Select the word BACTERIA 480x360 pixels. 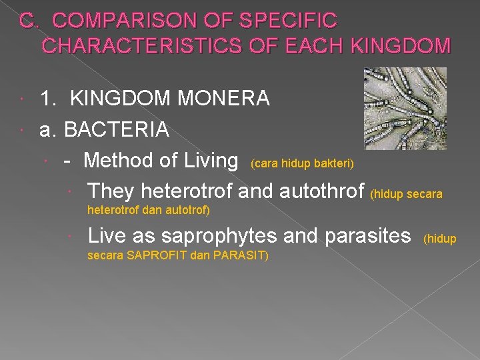(x=116, y=129)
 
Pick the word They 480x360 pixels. (x=111, y=191)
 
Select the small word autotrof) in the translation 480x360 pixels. (x=188, y=211)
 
